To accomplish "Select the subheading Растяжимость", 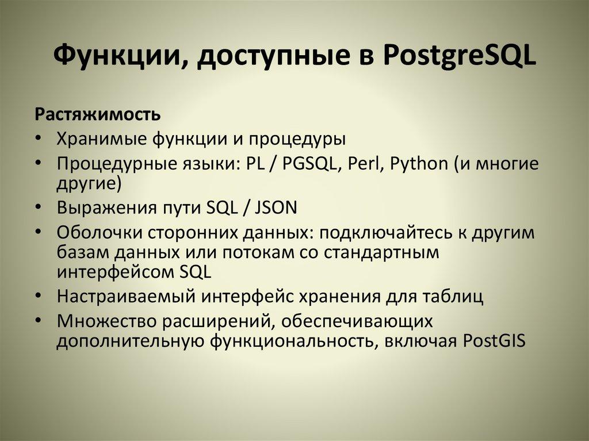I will (99, 113).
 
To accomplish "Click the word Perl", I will (367, 164).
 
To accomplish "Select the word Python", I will (418, 164).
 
